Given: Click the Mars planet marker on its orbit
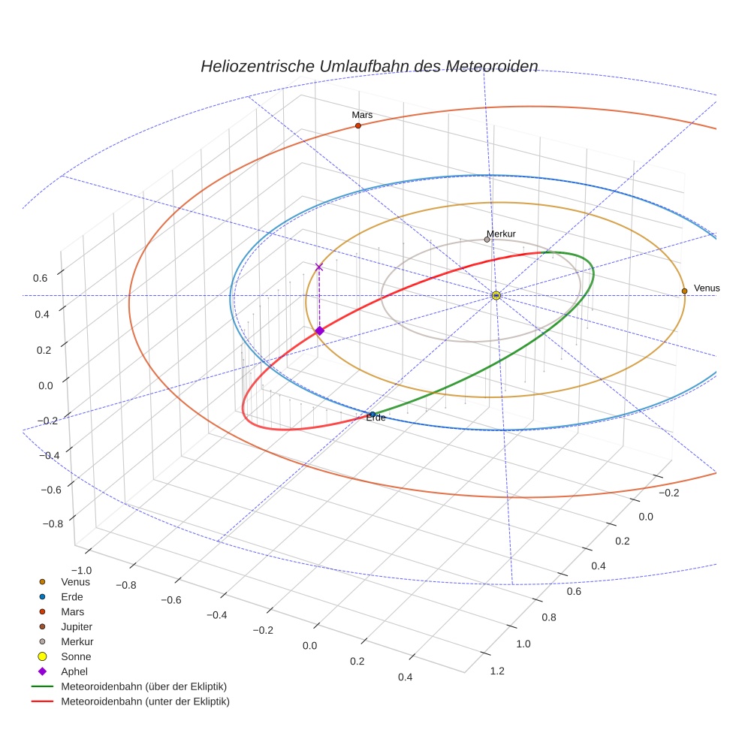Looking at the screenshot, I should [x=357, y=125].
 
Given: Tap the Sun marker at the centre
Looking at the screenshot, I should [x=496, y=295].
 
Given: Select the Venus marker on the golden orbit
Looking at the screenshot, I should [x=684, y=291].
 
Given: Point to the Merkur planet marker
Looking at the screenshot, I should [x=487, y=240].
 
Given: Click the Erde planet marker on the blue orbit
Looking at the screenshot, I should [x=373, y=414].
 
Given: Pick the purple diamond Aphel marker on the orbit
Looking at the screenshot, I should [x=319, y=330].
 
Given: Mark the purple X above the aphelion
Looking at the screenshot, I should [x=319, y=267].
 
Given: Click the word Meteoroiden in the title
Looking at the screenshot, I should [x=492, y=66].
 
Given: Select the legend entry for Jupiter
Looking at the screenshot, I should [x=76, y=626].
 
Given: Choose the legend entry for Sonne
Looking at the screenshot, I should [x=76, y=656].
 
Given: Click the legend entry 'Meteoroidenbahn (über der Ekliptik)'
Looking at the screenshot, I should [x=143, y=686].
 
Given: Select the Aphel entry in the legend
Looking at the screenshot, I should [x=74, y=671].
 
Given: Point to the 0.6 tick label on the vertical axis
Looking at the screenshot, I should [x=40, y=278].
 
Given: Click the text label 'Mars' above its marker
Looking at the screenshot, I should [x=362, y=115].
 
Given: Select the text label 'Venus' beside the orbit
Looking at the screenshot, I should [x=707, y=288].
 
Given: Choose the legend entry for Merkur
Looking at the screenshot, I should [x=77, y=641].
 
